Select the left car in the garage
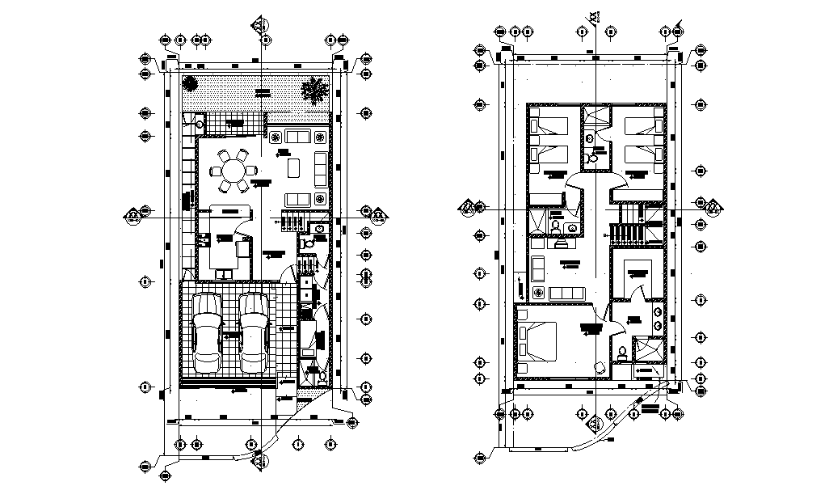coord(208,330)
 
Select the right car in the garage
coord(254,330)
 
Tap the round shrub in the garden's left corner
coord(190,82)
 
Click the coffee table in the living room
coord(294,167)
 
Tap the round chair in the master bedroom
coord(599,366)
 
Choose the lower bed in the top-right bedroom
coord(644,152)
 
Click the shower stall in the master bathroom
coord(647,348)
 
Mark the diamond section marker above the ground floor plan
coord(260,25)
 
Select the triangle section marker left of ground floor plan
coord(133,213)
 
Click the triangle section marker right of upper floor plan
coord(714,208)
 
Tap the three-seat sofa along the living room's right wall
coord(320,167)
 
